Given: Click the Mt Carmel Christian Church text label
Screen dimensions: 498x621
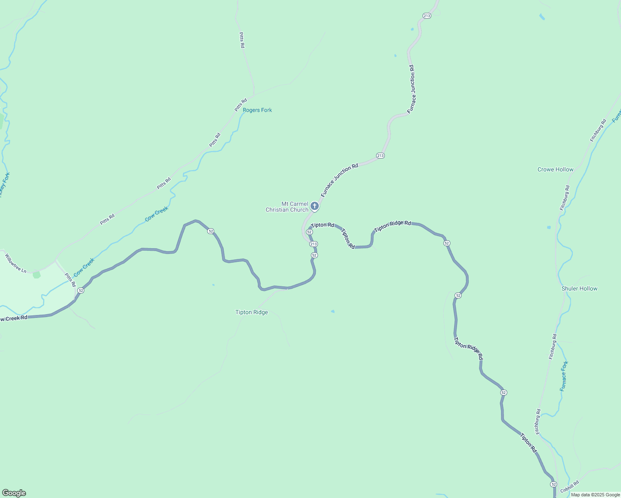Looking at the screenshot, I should (287, 207).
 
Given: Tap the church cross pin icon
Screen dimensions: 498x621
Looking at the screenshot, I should (315, 206).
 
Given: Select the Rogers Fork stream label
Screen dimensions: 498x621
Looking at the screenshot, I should (257, 110).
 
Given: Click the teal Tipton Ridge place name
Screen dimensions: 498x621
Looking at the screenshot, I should (252, 312).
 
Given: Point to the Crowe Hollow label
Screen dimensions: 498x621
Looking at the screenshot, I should (555, 169).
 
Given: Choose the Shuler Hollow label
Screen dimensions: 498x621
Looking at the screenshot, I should (579, 288).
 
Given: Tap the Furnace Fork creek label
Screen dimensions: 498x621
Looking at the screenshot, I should (564, 376).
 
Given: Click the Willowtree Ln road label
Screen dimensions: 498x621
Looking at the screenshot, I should (16, 263).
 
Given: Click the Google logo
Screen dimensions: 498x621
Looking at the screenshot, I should (14, 493).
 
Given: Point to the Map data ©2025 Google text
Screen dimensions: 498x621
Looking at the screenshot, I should (595, 495).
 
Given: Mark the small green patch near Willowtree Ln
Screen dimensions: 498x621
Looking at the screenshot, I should (37, 274).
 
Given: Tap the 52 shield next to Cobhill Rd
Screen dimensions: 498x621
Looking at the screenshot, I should (553, 484).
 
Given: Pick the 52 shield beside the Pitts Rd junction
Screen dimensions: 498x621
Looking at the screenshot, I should (81, 290).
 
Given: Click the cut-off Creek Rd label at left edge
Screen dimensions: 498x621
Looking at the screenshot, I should (14, 318).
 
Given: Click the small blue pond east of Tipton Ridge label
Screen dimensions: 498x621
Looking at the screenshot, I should (333, 311).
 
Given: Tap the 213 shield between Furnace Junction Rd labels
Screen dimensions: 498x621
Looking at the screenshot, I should (381, 156).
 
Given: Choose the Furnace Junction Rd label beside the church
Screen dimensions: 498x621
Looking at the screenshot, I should (339, 180).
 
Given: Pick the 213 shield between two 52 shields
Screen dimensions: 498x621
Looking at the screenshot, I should (313, 244).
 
